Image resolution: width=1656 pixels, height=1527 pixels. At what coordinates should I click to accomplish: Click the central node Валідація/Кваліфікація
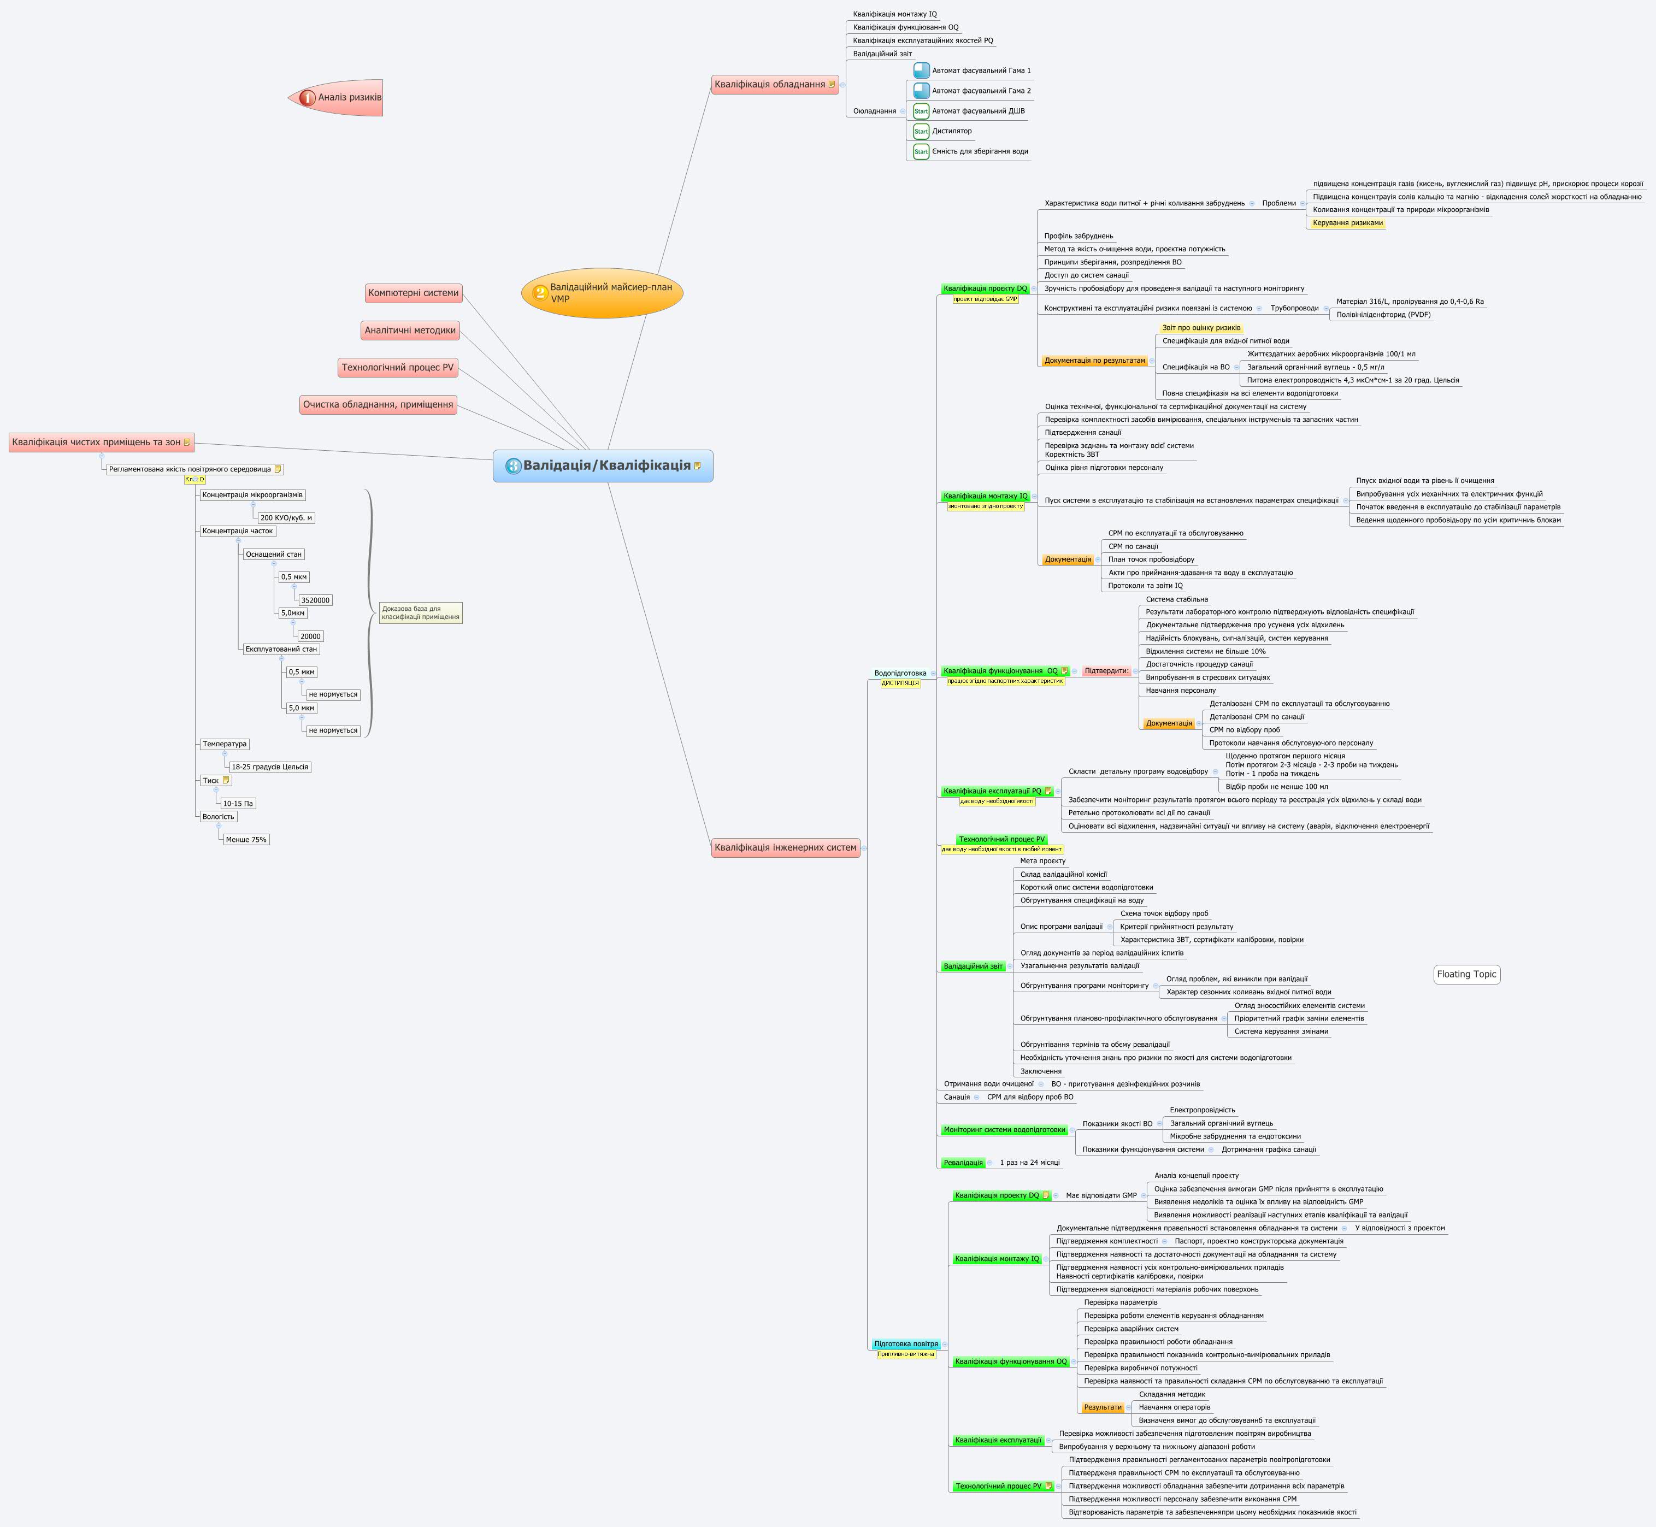[x=603, y=466]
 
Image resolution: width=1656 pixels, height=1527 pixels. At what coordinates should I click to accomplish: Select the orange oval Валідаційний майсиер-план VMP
[x=603, y=292]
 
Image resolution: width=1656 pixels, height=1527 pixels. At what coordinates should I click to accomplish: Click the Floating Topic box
[x=1466, y=974]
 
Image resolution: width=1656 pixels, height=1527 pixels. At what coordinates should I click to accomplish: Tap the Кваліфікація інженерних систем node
[x=785, y=847]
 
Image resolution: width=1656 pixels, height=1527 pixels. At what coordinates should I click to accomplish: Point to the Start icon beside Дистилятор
[x=921, y=131]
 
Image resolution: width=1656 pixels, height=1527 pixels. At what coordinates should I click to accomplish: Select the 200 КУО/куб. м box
[x=286, y=518]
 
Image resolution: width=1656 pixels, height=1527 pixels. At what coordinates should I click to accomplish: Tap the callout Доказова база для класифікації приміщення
[x=421, y=613]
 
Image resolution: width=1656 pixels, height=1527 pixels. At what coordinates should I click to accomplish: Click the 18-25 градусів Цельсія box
[x=269, y=767]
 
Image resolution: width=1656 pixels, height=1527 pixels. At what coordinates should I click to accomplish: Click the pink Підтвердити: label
[x=1106, y=671]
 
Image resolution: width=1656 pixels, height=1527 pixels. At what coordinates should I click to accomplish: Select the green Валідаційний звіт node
[x=973, y=966]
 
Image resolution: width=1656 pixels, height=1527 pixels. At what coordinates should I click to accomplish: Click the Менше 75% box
[x=245, y=840]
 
